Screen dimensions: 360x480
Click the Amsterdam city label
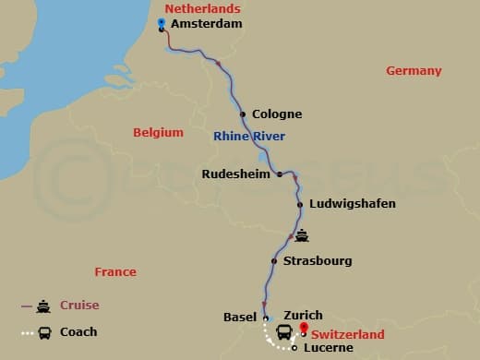(x=209, y=25)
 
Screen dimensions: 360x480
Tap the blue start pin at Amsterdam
(x=162, y=23)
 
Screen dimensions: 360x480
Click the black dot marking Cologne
(x=243, y=114)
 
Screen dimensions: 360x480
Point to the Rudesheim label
(x=236, y=173)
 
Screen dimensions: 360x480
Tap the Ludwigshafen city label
(x=352, y=203)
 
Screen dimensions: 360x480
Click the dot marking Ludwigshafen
(x=300, y=204)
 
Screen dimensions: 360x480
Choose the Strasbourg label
(x=318, y=261)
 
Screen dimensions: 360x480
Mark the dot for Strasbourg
(x=274, y=261)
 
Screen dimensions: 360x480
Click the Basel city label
(x=240, y=317)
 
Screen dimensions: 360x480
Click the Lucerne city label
(x=325, y=348)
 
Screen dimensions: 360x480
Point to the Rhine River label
(x=249, y=137)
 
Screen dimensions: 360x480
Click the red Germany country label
(x=414, y=71)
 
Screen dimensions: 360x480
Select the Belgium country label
(x=158, y=132)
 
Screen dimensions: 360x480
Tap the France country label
(x=115, y=271)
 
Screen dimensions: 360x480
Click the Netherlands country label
(x=196, y=8)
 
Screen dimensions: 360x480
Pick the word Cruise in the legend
(x=80, y=306)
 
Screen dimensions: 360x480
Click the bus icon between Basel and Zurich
(x=284, y=330)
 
